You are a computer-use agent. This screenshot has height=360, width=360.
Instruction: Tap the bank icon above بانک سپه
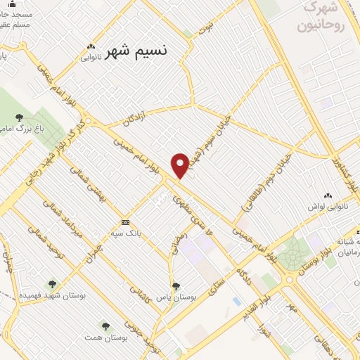125,221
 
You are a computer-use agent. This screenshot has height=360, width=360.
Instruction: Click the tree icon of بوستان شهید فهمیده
51,284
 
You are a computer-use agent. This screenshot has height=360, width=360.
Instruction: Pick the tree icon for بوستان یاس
176,285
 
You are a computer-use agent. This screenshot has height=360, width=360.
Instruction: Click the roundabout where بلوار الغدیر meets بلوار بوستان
289,280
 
